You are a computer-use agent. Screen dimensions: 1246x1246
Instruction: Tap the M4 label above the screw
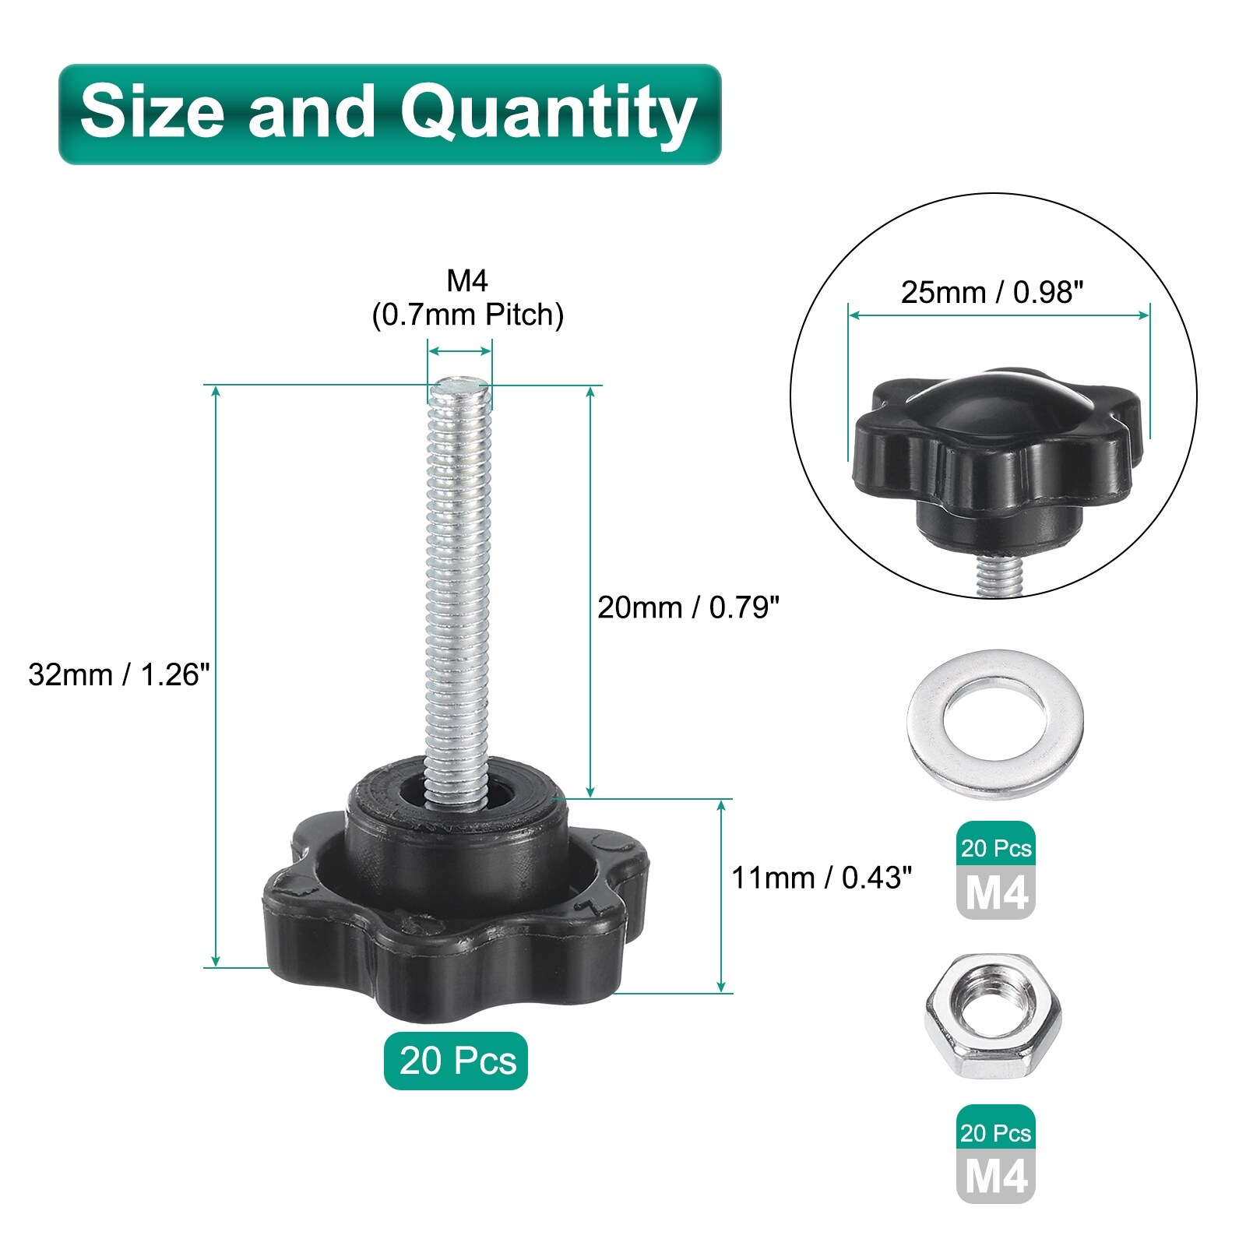467,280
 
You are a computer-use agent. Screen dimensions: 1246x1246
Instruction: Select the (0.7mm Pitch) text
467,315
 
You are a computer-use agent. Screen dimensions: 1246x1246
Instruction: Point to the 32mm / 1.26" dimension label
119,674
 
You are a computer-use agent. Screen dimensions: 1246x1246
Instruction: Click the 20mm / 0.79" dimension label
688,607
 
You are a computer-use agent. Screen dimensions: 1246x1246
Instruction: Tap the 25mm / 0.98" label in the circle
992,292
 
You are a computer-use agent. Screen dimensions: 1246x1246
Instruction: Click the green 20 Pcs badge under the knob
456,1061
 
